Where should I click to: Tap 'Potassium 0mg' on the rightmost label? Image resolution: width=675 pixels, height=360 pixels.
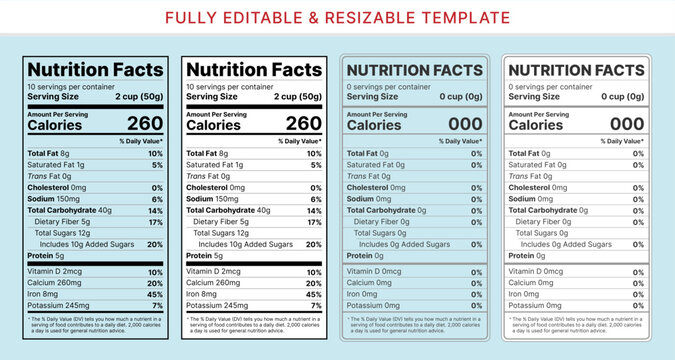[540, 305]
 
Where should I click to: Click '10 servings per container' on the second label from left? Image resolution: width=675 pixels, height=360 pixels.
[229, 86]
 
